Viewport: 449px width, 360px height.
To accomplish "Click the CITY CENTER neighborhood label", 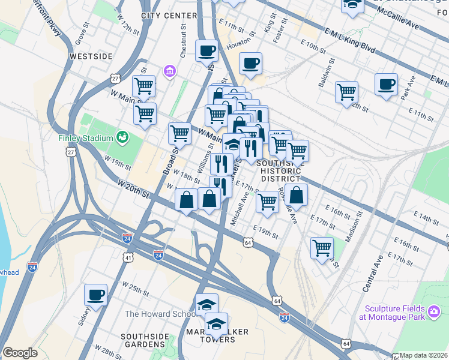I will click(x=169, y=16).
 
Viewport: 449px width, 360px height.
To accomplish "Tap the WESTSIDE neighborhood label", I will click(x=91, y=56).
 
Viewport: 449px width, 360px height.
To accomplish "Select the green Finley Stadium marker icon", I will click(x=123, y=137).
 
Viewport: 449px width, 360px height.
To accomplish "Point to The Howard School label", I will click(x=160, y=314).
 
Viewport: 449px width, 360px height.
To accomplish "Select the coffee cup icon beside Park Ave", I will click(x=387, y=84).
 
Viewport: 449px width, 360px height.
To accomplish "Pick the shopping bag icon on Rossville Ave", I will click(x=296, y=194).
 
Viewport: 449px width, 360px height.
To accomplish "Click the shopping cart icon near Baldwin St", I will click(x=346, y=92).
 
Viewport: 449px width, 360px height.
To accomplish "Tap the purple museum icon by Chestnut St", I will click(x=170, y=71).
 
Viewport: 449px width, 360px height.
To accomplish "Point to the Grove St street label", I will click(x=82, y=34).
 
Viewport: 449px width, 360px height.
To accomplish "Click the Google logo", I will click(x=20, y=353).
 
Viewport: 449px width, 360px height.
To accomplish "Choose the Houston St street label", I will click(x=238, y=43).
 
